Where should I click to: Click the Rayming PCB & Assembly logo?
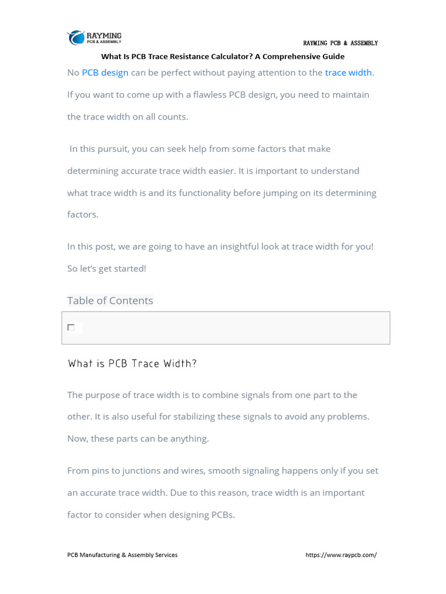click(94, 38)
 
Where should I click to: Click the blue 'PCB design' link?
click(105, 73)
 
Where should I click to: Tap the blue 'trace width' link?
click(348, 73)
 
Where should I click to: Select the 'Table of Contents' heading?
click(110, 300)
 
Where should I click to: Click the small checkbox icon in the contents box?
click(71, 328)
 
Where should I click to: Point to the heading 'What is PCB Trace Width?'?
click(132, 364)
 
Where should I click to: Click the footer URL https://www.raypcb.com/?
click(341, 555)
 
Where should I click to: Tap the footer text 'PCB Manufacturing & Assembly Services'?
click(123, 555)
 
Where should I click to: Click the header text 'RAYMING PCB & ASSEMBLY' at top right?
click(340, 44)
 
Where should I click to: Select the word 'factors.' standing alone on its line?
click(83, 215)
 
